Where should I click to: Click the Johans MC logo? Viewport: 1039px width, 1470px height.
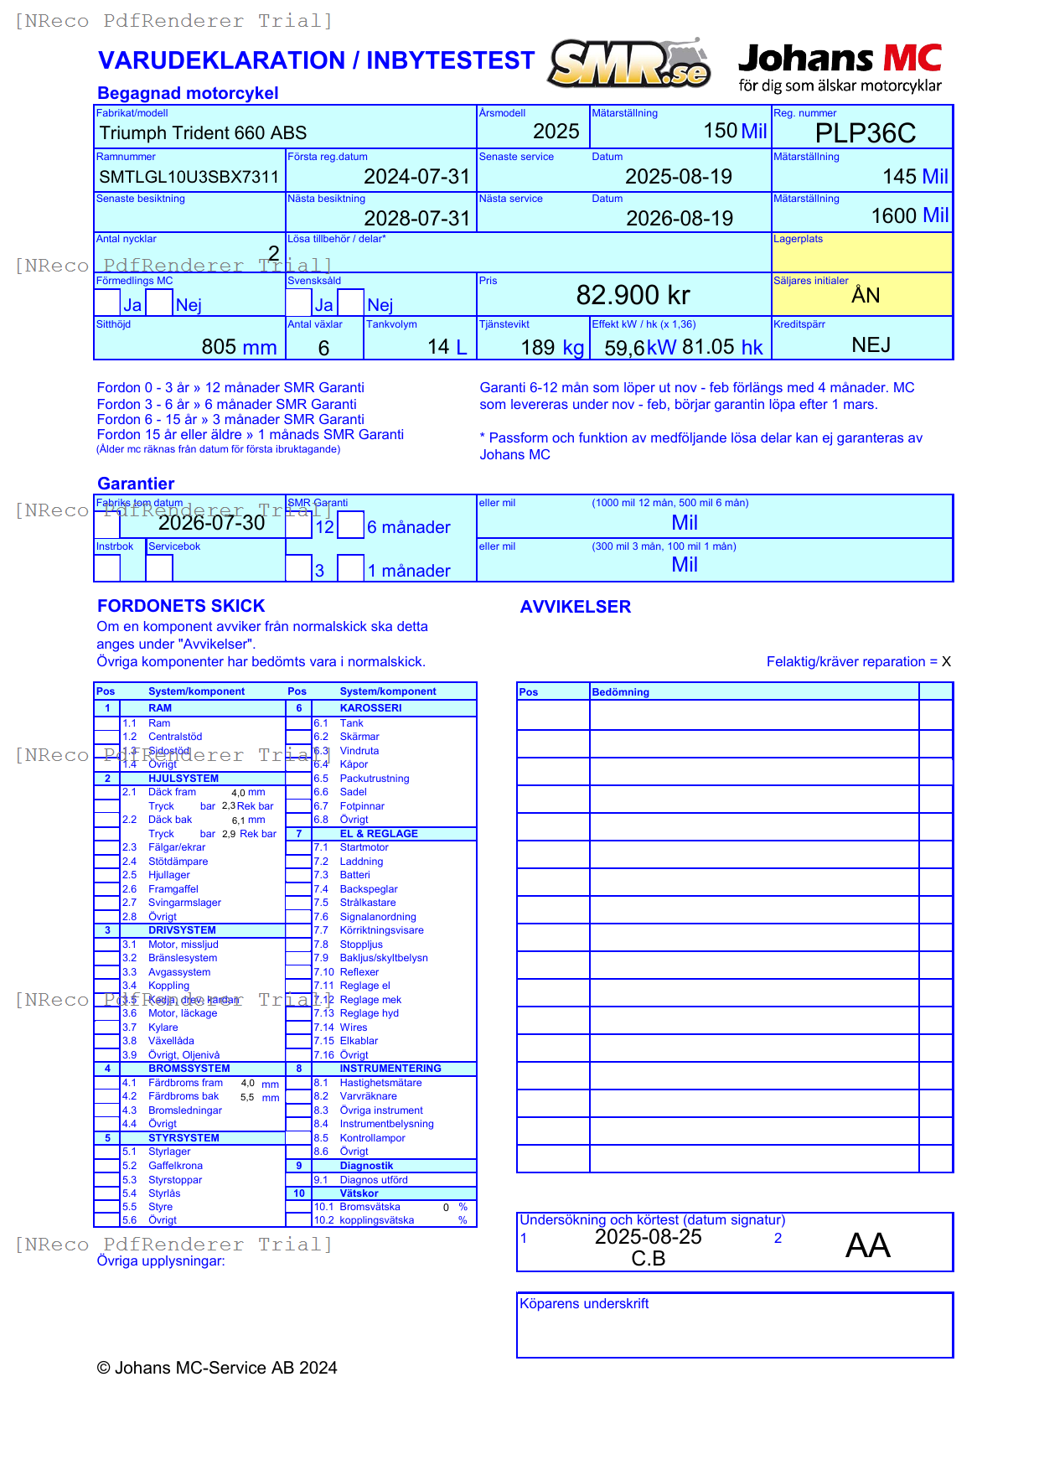[840, 67]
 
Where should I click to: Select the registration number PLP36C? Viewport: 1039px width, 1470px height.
[865, 133]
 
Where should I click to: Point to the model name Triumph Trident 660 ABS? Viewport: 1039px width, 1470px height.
[203, 133]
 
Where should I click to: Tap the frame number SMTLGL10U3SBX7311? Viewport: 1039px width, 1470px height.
[189, 177]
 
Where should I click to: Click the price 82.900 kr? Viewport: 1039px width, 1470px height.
[633, 295]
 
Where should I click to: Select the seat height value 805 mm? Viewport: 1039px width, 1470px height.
[239, 347]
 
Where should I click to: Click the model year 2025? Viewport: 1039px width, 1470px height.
[556, 132]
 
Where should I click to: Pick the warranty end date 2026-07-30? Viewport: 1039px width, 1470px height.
[211, 523]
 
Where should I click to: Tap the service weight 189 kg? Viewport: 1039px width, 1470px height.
[551, 348]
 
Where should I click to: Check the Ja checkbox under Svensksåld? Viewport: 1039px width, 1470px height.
[299, 303]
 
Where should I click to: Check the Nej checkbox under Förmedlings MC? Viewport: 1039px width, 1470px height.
[159, 303]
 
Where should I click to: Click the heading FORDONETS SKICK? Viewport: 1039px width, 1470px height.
[181, 606]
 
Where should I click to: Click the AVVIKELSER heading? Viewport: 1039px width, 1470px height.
[575, 607]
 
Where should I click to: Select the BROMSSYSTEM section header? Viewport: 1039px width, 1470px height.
[189, 1069]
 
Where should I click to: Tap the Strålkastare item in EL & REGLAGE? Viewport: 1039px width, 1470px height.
[367, 903]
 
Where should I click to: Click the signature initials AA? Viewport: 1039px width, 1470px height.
[867, 1245]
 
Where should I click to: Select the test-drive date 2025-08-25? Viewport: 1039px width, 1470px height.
[648, 1237]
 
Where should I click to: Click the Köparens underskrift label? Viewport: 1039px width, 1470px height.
[583, 1304]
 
